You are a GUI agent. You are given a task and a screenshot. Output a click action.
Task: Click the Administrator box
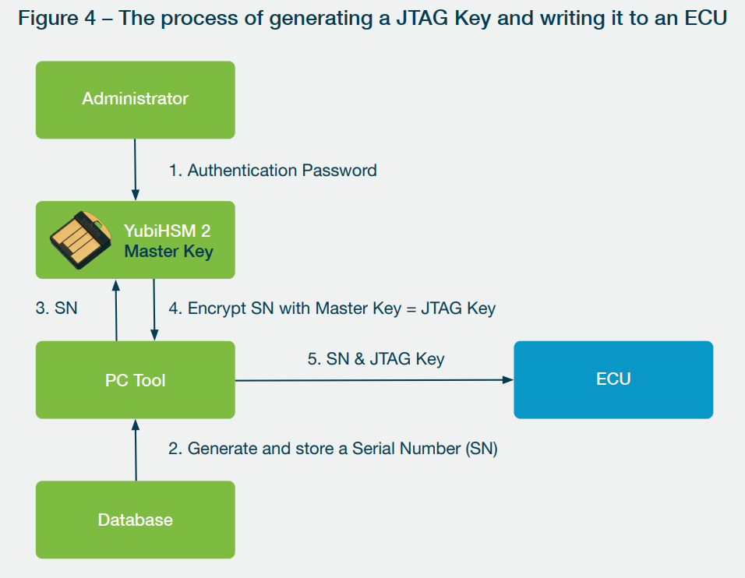pyautogui.click(x=136, y=100)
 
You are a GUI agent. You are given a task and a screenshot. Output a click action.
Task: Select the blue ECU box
pyautogui.click(x=613, y=379)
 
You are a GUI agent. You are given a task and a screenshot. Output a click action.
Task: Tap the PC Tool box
pyautogui.click(x=136, y=379)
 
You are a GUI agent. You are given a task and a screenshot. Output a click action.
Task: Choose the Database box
pyautogui.click(x=136, y=520)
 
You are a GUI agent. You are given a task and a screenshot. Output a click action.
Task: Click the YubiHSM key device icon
pyautogui.click(x=81, y=240)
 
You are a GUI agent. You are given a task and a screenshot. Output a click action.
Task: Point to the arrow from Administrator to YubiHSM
pyautogui.click(x=136, y=170)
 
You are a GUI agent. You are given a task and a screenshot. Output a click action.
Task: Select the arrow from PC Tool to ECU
pyautogui.click(x=374, y=380)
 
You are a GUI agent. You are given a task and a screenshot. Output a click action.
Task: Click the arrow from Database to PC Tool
pyautogui.click(x=136, y=449)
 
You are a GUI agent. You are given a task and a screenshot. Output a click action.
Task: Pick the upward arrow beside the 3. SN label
pyautogui.click(x=116, y=310)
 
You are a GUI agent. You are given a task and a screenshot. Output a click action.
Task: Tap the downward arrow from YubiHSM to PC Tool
pyautogui.click(x=154, y=310)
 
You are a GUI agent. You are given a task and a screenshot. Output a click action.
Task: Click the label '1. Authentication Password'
pyautogui.click(x=273, y=171)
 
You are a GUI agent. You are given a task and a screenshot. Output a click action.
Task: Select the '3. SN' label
pyautogui.click(x=57, y=308)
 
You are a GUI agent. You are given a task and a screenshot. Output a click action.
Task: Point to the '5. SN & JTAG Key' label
pyautogui.click(x=376, y=359)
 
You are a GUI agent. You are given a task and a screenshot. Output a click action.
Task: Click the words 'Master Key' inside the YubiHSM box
pyautogui.click(x=168, y=252)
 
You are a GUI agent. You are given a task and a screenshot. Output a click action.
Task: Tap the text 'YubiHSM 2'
pyautogui.click(x=168, y=231)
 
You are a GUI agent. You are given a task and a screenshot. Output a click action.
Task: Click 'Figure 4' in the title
pyautogui.click(x=57, y=19)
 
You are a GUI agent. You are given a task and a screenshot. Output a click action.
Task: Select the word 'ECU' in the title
pyautogui.click(x=705, y=18)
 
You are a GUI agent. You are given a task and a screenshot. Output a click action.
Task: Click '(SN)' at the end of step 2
pyautogui.click(x=482, y=449)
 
